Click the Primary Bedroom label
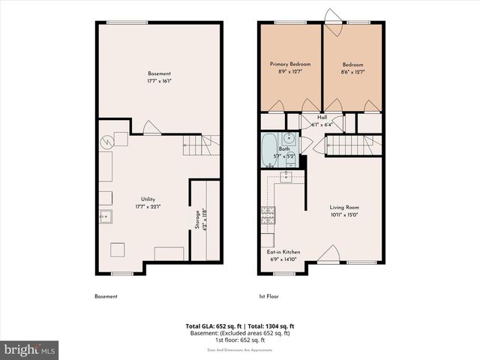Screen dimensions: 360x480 [x=290, y=64]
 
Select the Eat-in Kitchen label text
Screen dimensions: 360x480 [x=283, y=252]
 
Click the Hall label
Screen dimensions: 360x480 [x=322, y=118]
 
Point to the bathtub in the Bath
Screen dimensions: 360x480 [x=269, y=149]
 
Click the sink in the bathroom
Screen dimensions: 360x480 [x=288, y=138]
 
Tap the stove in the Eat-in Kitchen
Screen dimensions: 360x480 [x=268, y=215]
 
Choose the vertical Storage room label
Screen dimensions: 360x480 [x=196, y=223]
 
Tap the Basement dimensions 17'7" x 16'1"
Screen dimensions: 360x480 [x=159, y=81]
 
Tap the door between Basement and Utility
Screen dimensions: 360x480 [x=151, y=128]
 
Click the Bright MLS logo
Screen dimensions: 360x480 [x=30, y=349]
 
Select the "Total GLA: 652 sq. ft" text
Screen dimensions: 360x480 [x=212, y=326]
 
